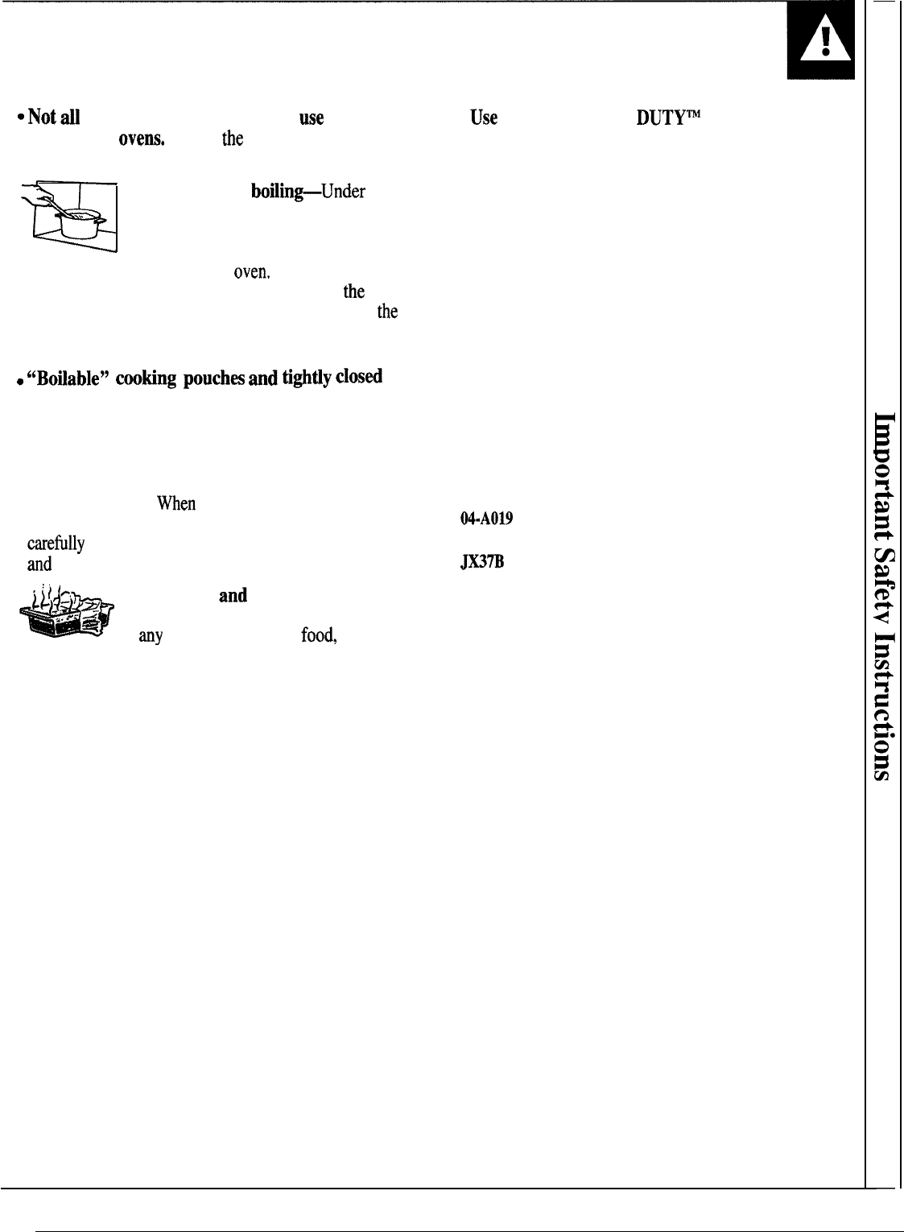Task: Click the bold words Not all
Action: coord(53,118)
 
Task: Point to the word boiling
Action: coord(274,192)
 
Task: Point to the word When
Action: coord(176,504)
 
